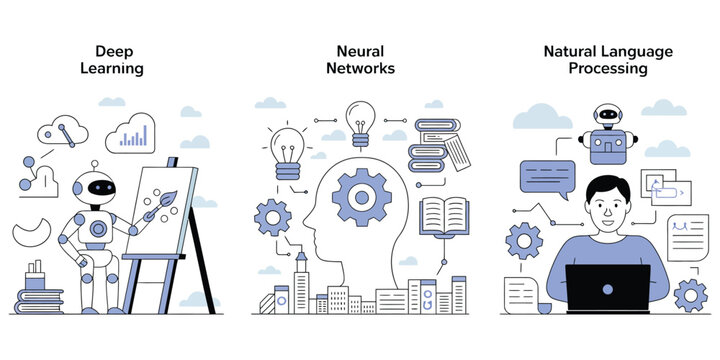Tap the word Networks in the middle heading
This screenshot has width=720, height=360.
click(360, 69)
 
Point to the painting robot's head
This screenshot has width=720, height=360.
click(96, 188)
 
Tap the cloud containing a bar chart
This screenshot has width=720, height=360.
click(131, 135)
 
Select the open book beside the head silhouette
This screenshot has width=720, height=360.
click(444, 216)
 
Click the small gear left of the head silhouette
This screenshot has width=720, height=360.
click(273, 215)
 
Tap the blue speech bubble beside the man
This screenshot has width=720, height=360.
click(547, 177)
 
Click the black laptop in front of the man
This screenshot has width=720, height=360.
click(607, 289)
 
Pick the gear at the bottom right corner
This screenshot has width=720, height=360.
click(690, 294)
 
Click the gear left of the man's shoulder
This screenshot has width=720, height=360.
click(524, 241)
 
